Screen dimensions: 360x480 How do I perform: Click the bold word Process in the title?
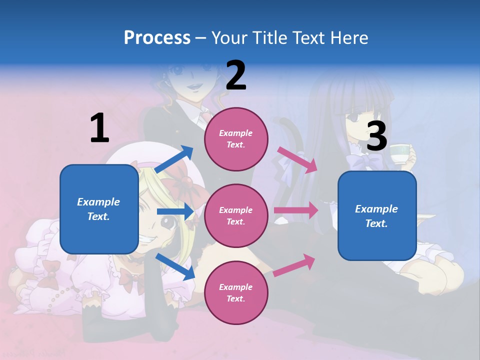coord(157,37)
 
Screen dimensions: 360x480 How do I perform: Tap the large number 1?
coord(99,128)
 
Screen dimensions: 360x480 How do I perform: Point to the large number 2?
coord(236,75)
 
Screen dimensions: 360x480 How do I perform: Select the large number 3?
coord(377,136)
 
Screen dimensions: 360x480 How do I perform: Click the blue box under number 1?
coord(99,209)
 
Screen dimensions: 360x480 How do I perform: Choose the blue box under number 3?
coord(377,215)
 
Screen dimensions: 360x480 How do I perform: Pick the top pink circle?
coord(236,138)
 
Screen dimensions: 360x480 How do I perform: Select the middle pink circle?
coord(236,215)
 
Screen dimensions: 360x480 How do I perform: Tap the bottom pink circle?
coord(236,292)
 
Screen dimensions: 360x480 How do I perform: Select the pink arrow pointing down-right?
coord(297,159)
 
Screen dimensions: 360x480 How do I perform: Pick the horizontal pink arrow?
coord(296,210)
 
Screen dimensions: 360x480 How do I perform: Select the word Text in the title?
coord(308,37)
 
